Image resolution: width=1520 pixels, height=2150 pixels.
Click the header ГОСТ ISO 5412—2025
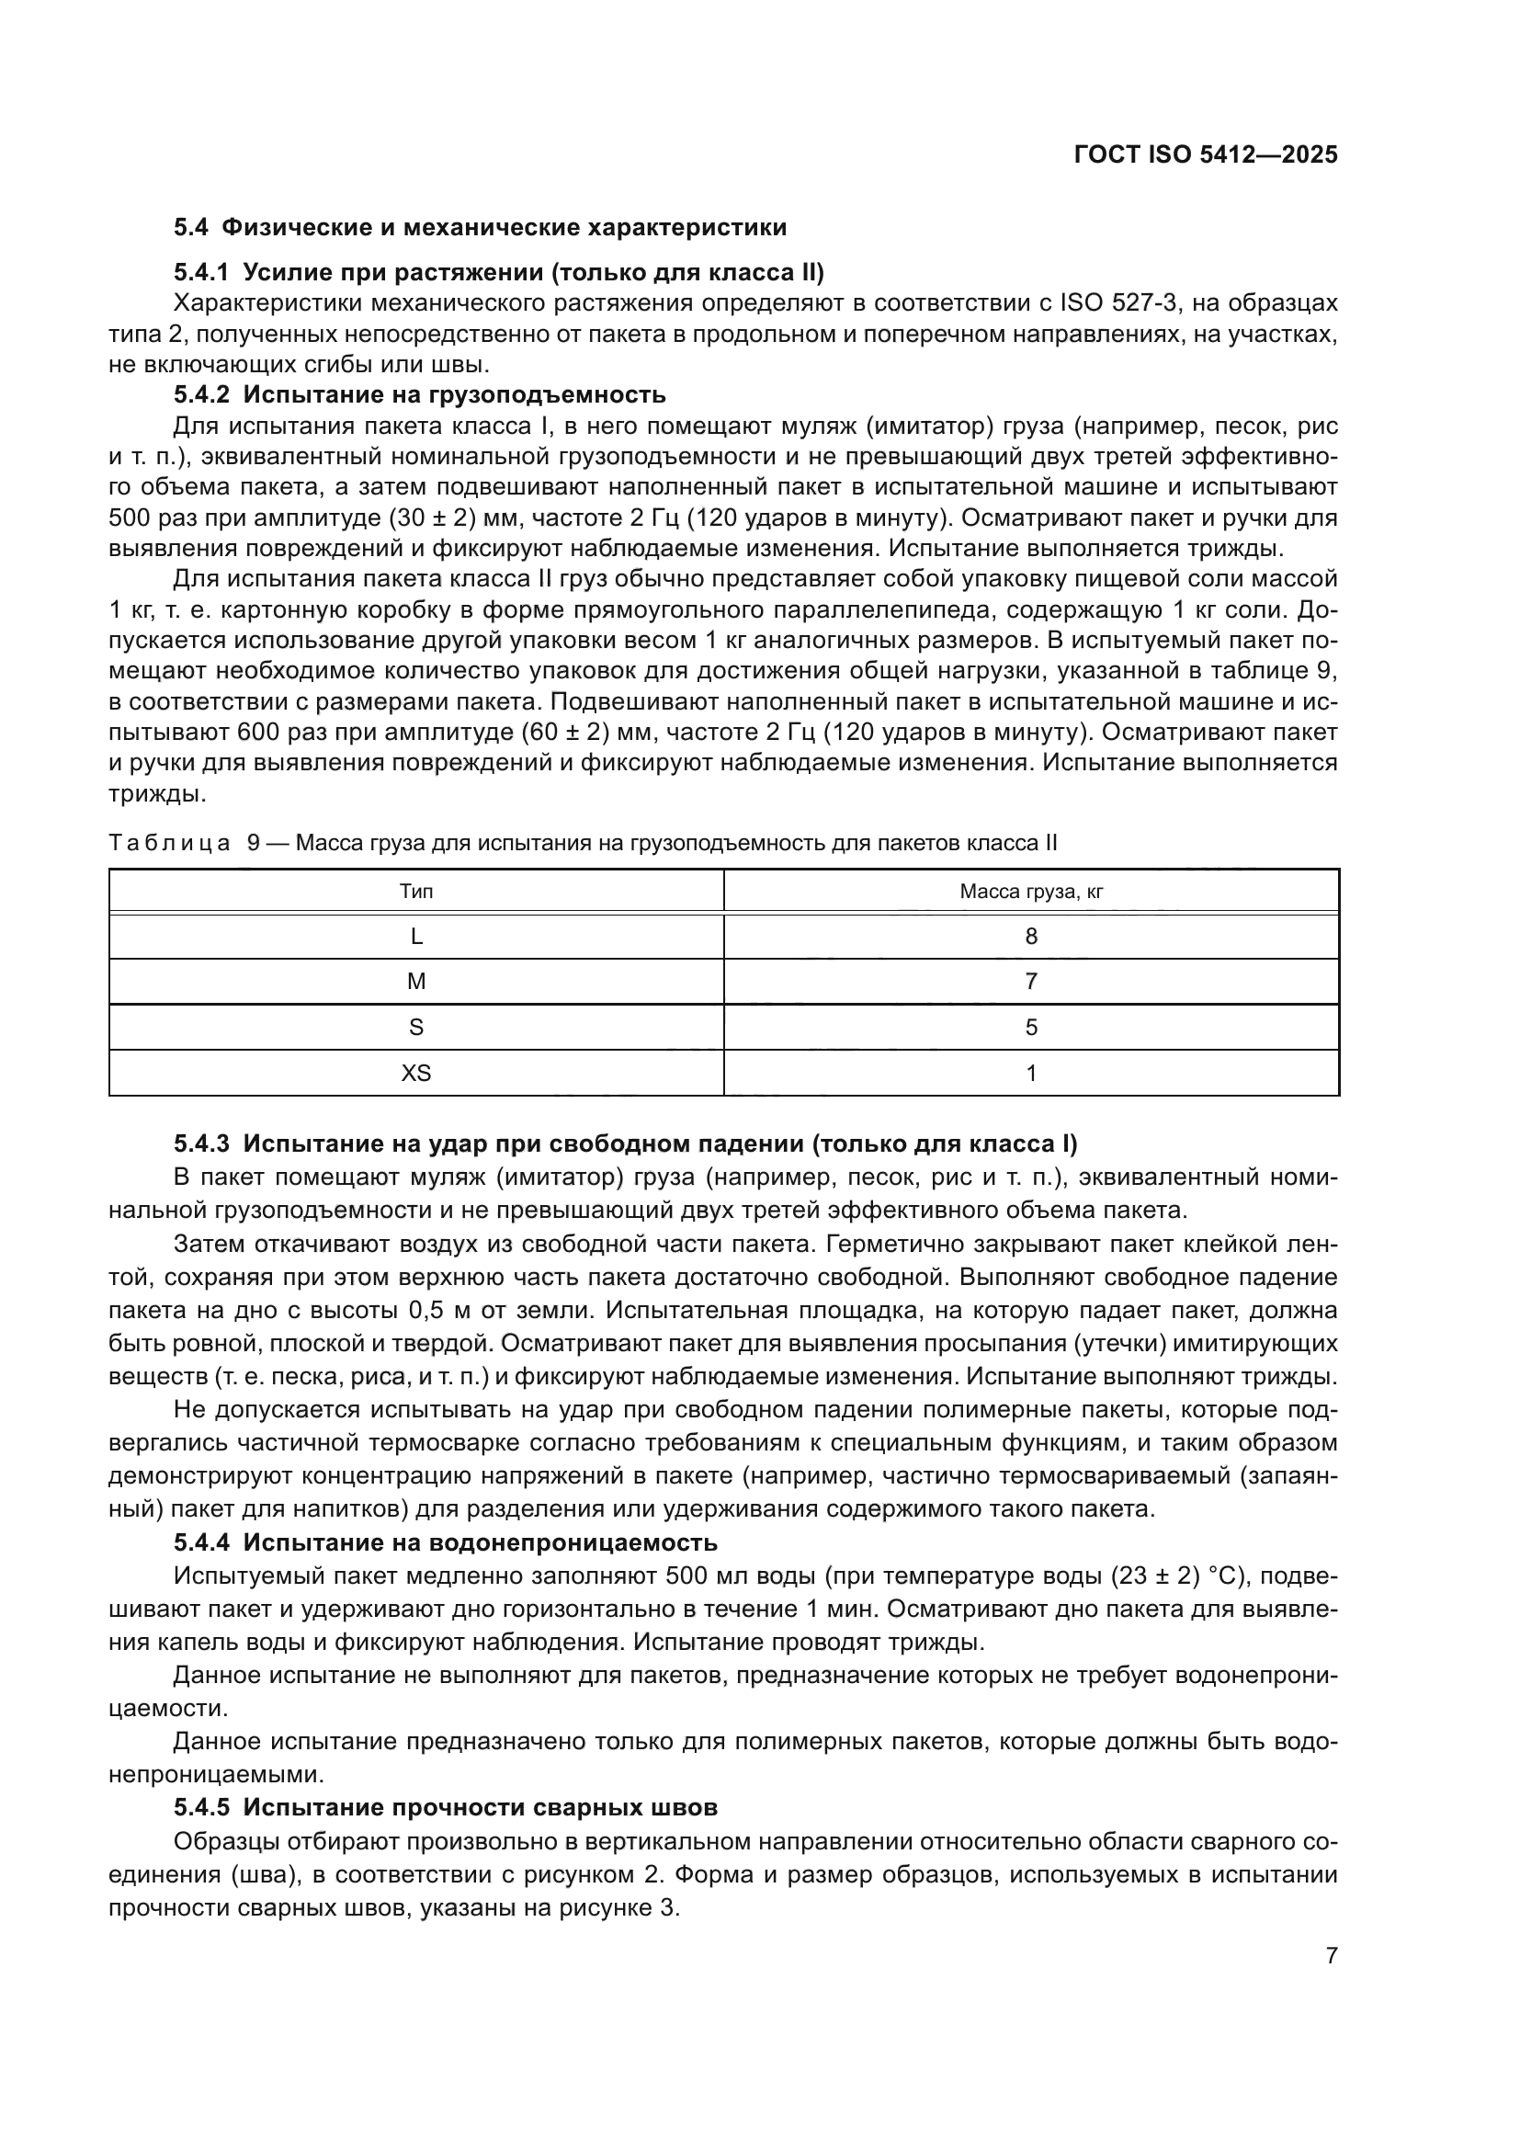point(1206,154)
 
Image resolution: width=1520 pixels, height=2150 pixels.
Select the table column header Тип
point(415,892)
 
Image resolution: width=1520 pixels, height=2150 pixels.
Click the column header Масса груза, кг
point(1030,892)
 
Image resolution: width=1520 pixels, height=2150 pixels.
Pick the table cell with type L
point(415,937)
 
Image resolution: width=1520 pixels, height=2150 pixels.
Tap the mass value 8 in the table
point(1030,937)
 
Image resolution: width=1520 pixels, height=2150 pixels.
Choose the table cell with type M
point(415,982)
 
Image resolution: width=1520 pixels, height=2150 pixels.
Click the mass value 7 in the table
point(1030,982)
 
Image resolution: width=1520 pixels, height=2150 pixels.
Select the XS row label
point(415,1073)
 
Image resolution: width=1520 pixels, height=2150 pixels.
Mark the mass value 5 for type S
point(1030,1028)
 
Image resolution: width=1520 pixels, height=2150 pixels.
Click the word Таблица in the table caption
point(169,843)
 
